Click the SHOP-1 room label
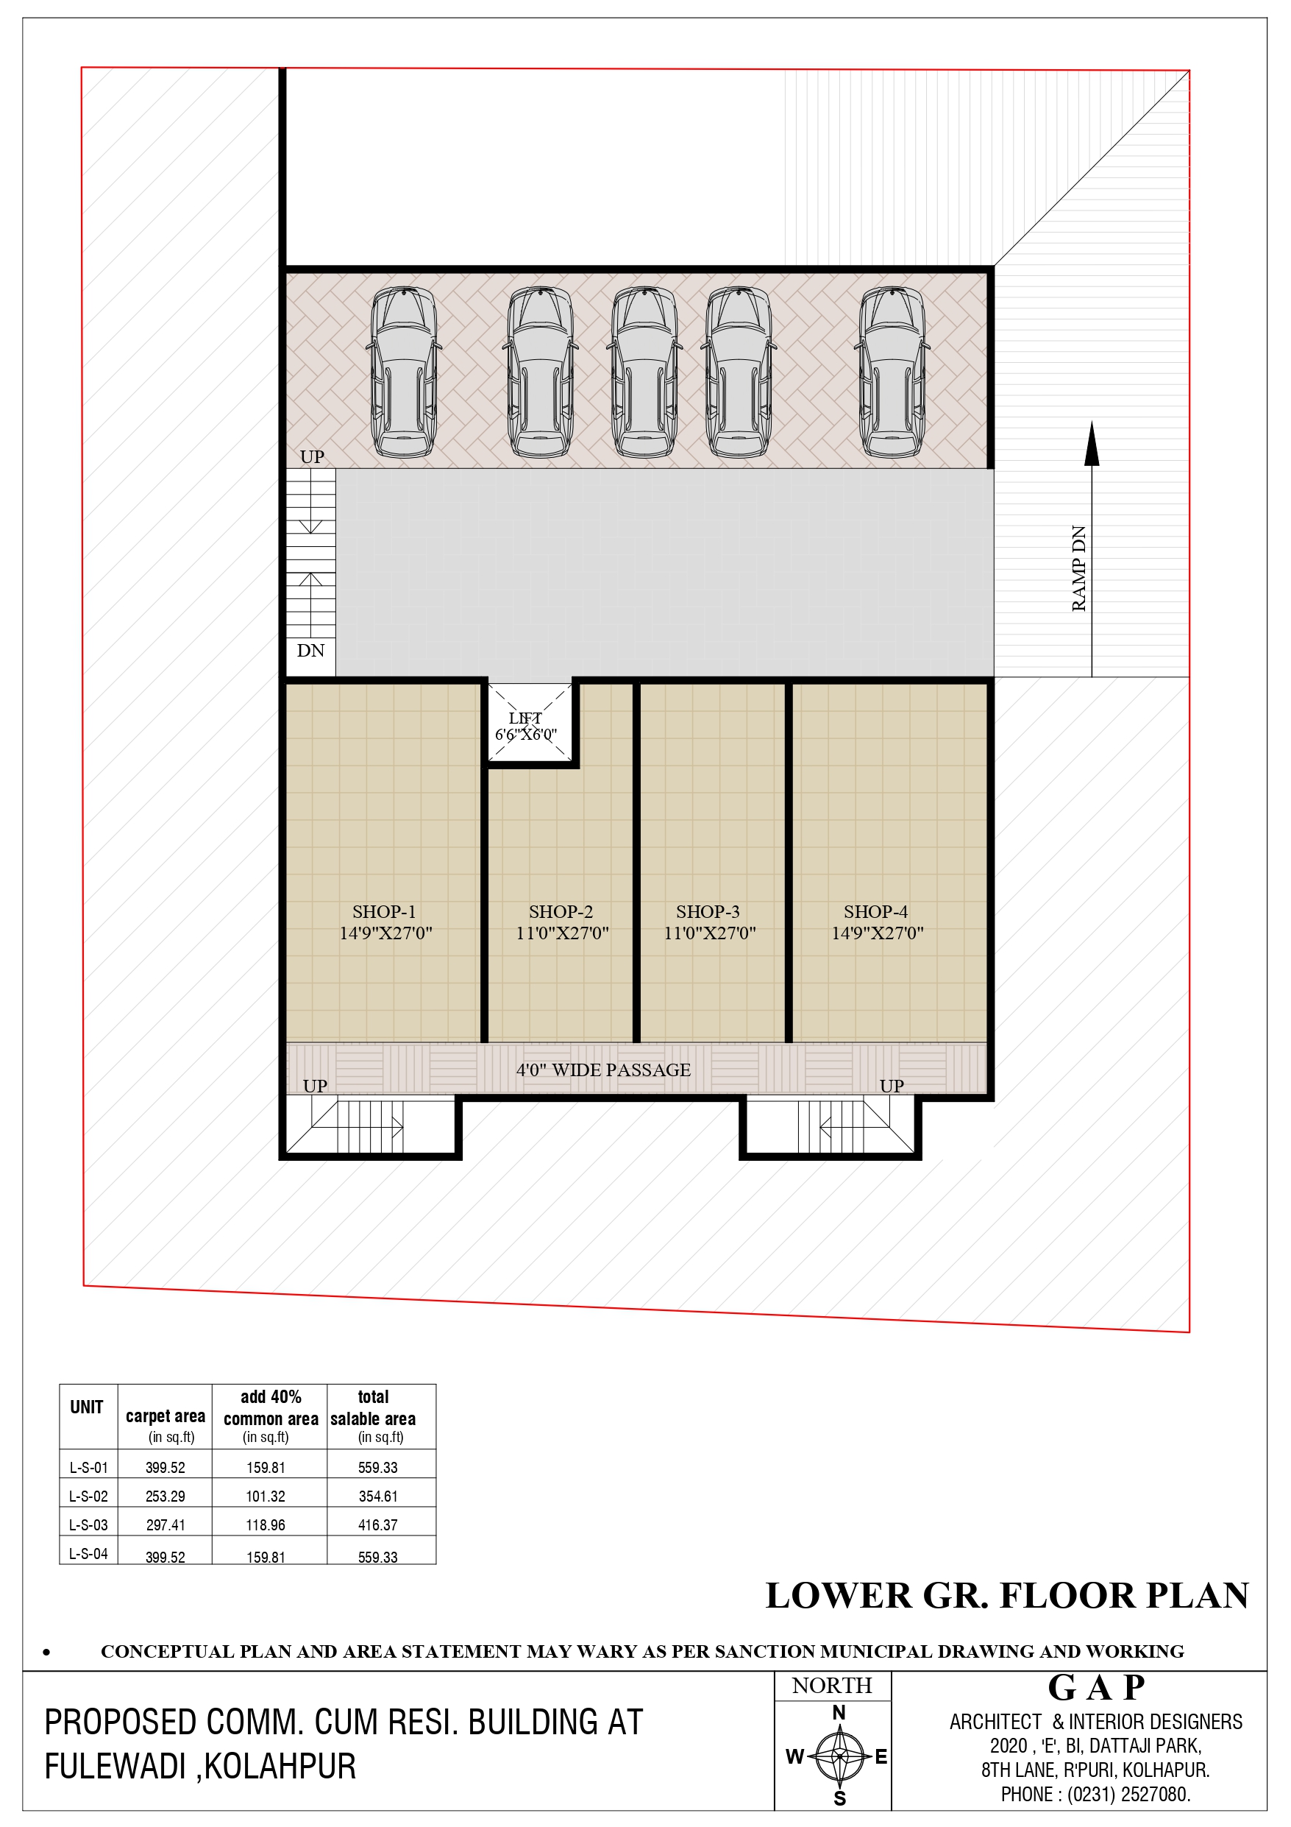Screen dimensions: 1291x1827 384,911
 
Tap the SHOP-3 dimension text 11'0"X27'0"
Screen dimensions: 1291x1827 710,933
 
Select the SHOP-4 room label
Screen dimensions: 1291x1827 876,911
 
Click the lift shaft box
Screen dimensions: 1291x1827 529,724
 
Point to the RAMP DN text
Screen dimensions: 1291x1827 1078,568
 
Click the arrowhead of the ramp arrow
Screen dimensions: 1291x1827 1092,444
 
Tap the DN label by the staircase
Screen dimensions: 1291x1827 311,650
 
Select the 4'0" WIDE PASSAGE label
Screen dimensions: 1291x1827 604,1070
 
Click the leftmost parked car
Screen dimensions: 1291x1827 404,372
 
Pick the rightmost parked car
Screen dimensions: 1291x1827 892,372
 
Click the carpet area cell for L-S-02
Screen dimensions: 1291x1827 166,1496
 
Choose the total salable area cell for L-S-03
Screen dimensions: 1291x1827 378,1524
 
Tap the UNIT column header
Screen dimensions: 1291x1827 87,1407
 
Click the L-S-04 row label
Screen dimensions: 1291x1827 88,1553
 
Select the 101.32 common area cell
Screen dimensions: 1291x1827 266,1496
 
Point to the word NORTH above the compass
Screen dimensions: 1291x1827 832,1686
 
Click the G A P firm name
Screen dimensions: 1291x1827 1096,1687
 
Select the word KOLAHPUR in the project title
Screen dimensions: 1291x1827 281,1766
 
